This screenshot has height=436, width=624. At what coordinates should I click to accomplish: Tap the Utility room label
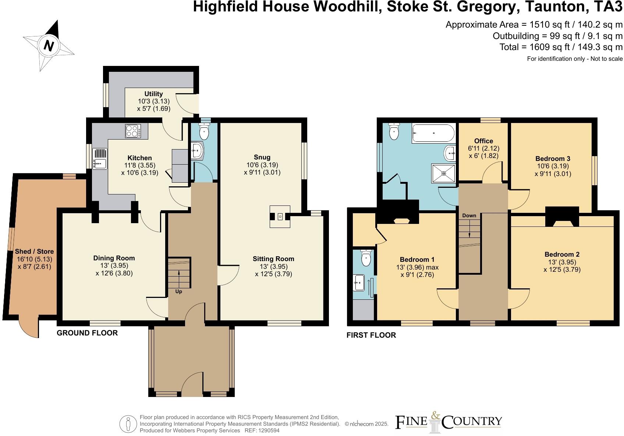153,94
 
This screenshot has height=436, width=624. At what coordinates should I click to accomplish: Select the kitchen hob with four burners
133,131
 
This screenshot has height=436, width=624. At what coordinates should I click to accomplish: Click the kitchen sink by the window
100,158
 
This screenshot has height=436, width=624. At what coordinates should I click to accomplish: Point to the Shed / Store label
34,252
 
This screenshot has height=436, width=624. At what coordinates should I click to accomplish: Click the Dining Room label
114,258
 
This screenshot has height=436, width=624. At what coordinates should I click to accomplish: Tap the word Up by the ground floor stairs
178,291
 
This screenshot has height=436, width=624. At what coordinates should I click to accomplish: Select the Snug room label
262,157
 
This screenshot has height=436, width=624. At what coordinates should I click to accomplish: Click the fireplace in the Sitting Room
280,217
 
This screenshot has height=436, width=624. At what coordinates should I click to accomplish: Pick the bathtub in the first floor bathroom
433,133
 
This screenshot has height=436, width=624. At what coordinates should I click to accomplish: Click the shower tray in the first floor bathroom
444,173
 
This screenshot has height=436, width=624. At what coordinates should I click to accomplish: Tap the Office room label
483,141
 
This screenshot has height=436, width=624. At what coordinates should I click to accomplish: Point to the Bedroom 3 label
553,159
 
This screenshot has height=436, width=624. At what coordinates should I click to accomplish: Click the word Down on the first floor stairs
469,215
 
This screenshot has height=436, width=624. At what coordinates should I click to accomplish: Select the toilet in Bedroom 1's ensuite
366,258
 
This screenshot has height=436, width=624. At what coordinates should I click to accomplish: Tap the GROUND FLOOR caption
87,333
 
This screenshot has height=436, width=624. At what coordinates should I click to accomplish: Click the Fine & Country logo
448,422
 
